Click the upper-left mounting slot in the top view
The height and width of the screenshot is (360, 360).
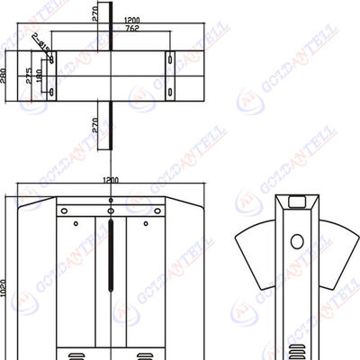(50, 59)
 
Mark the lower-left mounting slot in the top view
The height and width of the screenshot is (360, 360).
(50, 91)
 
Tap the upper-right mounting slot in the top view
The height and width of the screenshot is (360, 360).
(167, 59)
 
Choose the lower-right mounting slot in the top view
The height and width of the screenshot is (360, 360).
(167, 91)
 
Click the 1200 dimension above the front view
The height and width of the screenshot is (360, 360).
(110, 180)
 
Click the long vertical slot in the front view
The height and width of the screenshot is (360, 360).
(111, 256)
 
